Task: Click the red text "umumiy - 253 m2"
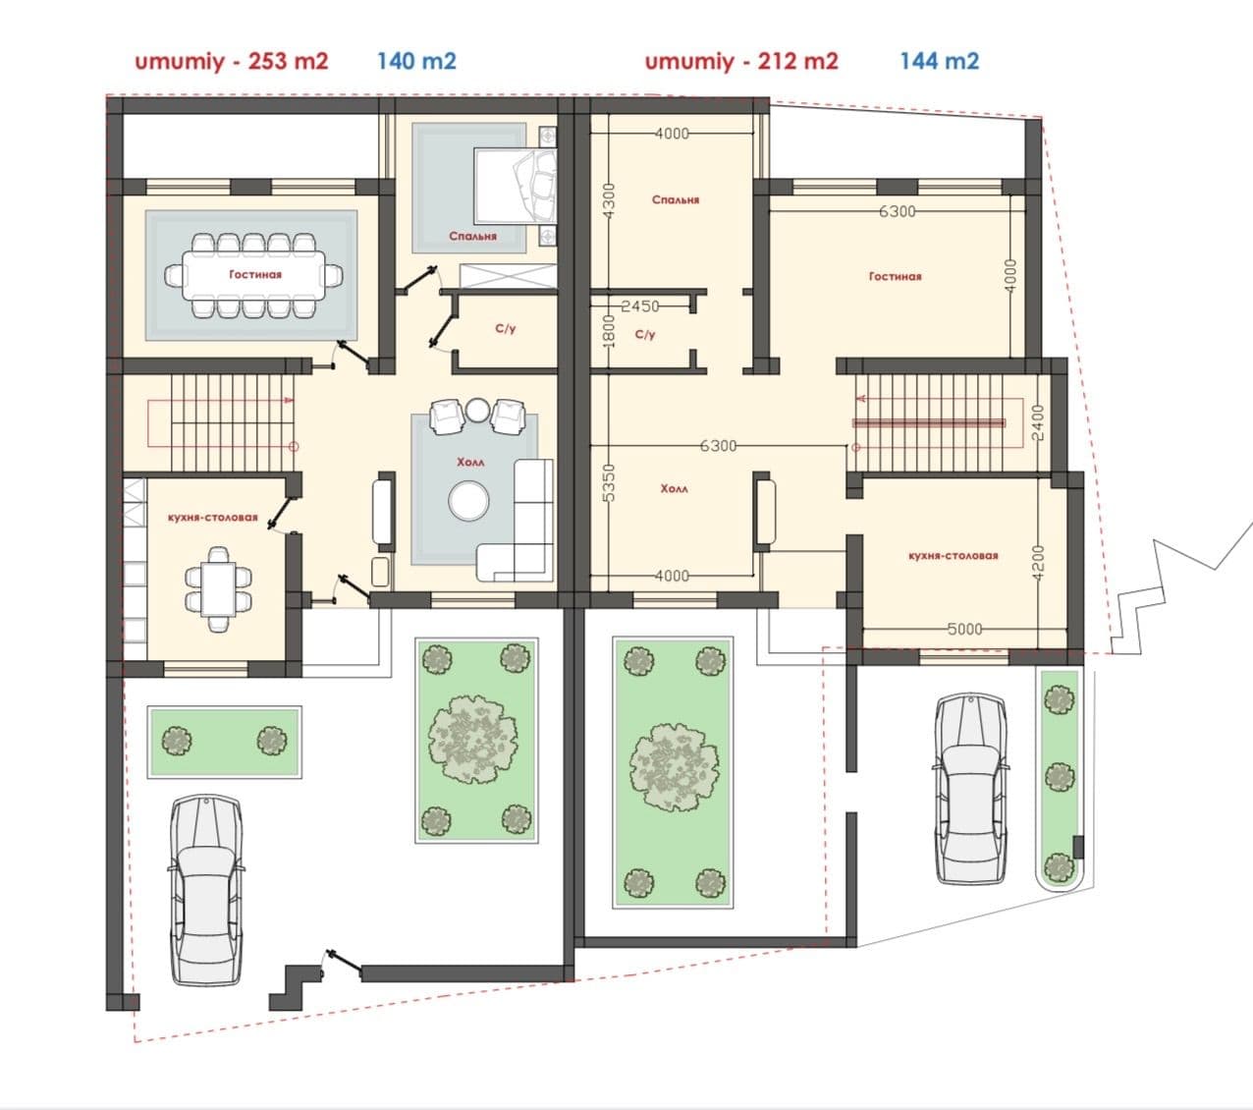(x=232, y=62)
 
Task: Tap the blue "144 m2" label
(x=940, y=61)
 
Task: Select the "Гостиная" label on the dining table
(x=255, y=274)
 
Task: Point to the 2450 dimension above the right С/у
(x=640, y=306)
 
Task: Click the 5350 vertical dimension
(x=609, y=483)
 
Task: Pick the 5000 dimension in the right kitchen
(x=965, y=630)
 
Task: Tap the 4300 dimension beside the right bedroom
(x=609, y=200)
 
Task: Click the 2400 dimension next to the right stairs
(x=1038, y=422)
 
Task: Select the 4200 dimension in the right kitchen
(x=1038, y=563)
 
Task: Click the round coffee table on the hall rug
(x=468, y=501)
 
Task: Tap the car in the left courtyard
(x=205, y=890)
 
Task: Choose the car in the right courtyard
(x=970, y=789)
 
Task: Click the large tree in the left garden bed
(x=473, y=740)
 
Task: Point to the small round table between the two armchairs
(x=477, y=410)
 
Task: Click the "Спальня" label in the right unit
(x=676, y=199)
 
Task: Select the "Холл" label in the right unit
(x=674, y=489)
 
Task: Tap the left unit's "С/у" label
(x=506, y=328)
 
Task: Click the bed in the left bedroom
(x=515, y=185)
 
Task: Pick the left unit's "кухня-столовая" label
(x=213, y=518)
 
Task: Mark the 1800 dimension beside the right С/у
(x=609, y=331)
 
